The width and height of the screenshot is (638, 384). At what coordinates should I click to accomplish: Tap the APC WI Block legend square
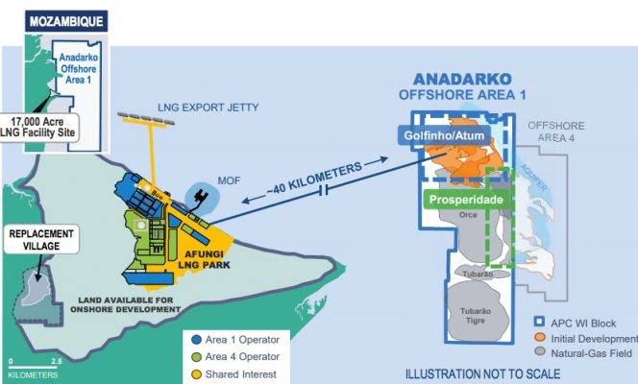click(540, 324)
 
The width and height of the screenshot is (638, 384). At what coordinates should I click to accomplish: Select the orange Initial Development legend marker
click(540, 338)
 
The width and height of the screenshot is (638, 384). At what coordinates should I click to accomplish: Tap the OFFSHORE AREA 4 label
click(558, 132)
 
